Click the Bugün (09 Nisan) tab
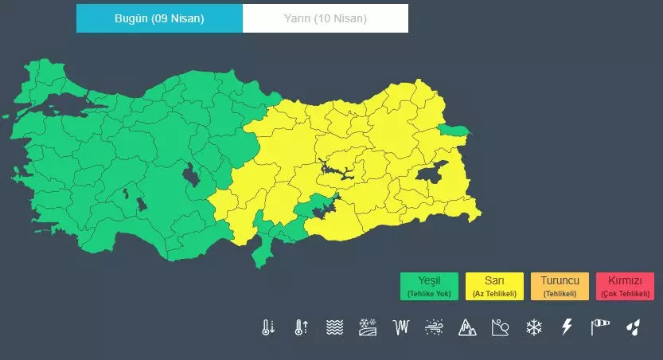point(159,18)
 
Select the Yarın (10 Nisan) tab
point(325,18)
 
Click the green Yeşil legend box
point(429,286)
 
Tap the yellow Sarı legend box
point(494,286)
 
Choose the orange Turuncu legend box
point(560,286)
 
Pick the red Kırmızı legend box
point(625,286)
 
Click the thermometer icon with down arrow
point(267,327)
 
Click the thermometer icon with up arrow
point(301,327)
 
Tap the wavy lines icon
point(334,327)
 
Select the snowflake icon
point(533,327)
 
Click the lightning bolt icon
point(567,327)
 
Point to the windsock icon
point(599,327)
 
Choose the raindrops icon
point(633,327)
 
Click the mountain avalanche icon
point(466,327)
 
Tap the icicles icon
point(400,327)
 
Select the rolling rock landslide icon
point(500,327)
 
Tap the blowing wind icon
point(434,327)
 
